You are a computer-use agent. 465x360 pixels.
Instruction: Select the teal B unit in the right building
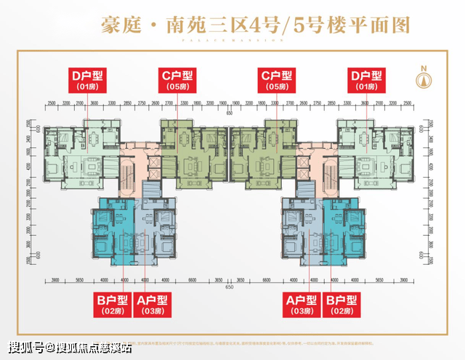point(344,232)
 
